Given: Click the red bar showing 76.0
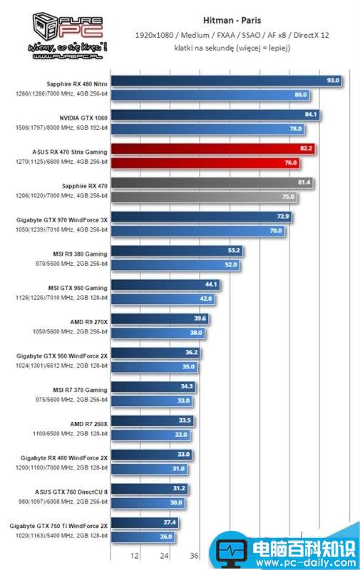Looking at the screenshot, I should pos(200,162).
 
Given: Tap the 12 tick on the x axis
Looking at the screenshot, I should pos(135,556).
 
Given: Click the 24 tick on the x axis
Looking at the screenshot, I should pos(165,556).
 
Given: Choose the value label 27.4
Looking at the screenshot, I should pos(170,522).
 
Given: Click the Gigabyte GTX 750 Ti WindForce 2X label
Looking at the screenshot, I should pos(59,526).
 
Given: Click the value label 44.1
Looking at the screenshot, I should pos(210,284).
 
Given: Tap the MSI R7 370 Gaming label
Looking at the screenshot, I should pos(81,390).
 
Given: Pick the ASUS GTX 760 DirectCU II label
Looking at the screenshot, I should pos(71,492).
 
